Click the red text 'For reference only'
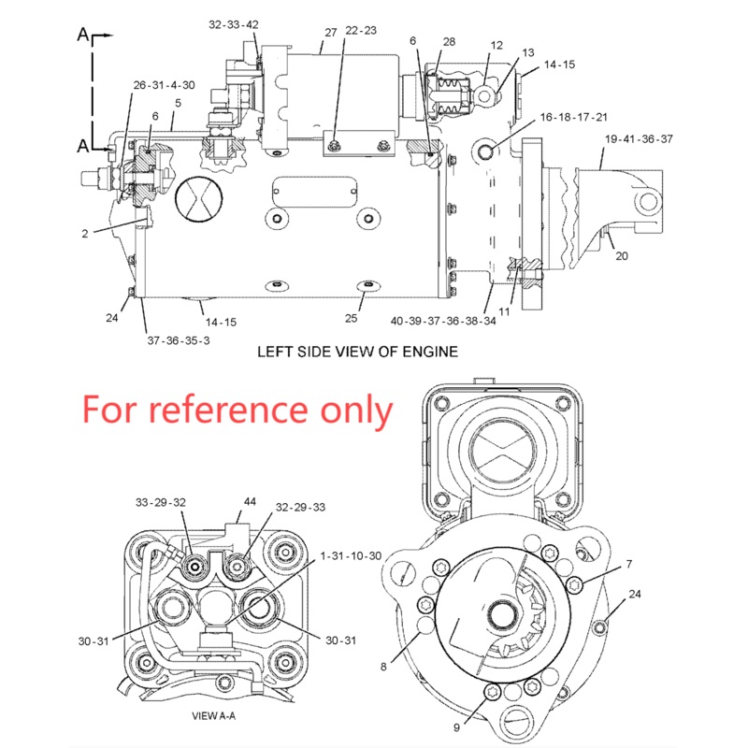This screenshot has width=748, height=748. (237, 409)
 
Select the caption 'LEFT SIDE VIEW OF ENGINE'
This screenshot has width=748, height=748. (357, 352)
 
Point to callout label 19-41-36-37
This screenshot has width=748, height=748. (639, 138)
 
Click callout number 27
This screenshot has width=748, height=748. (330, 33)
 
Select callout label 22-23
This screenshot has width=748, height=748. (360, 30)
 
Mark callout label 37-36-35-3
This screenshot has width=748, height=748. (178, 340)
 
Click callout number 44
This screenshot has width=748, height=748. (250, 501)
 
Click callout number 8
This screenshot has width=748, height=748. (383, 667)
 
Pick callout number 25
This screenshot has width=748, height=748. (351, 318)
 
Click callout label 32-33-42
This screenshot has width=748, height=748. (234, 24)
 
